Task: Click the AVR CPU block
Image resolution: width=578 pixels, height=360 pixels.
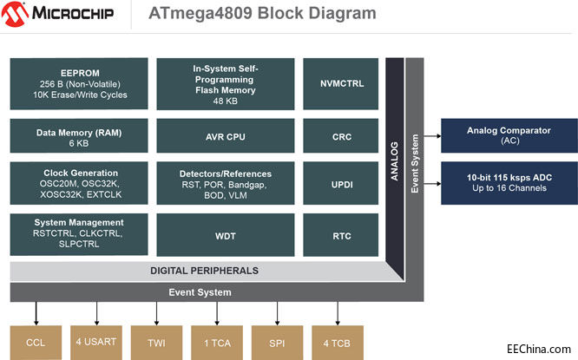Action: pyautogui.click(x=225, y=136)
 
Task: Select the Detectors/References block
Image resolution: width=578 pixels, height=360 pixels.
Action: pyautogui.click(x=225, y=185)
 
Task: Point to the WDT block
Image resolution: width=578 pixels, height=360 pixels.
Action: pyautogui.click(x=225, y=234)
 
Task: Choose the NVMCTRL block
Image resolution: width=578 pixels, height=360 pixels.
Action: pyautogui.click(x=341, y=84)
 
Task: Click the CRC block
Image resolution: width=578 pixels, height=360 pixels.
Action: pyautogui.click(x=341, y=136)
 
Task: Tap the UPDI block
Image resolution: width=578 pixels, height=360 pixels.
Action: pyautogui.click(x=341, y=185)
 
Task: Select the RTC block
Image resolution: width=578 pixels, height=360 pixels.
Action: pyautogui.click(x=341, y=234)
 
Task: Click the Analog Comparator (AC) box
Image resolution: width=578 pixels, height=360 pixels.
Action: pyautogui.click(x=508, y=135)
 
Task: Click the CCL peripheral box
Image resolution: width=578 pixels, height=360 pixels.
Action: pyautogui.click(x=36, y=343)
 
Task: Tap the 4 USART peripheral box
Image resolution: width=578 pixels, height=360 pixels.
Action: pyautogui.click(x=97, y=343)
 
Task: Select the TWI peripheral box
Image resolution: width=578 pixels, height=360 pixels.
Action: pyautogui.click(x=157, y=343)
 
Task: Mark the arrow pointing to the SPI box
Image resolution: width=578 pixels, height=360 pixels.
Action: pyautogui.click(x=278, y=311)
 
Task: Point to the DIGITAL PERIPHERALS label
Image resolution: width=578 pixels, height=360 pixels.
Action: pyautogui.click(x=205, y=271)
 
